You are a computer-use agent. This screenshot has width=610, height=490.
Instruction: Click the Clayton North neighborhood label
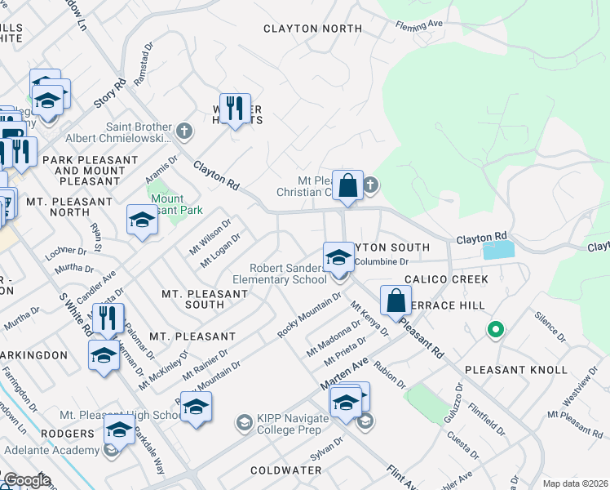[312, 29]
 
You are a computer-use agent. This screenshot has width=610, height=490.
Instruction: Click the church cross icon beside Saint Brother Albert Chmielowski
[185, 130]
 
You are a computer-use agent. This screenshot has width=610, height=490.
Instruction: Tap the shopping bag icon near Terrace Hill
[396, 300]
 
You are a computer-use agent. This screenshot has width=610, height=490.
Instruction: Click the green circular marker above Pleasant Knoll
[493, 331]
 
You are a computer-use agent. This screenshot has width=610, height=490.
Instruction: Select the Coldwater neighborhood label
[288, 470]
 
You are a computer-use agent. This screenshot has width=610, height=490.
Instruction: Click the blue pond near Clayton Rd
[498, 251]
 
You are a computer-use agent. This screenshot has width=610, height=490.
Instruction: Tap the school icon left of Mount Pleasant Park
[142, 220]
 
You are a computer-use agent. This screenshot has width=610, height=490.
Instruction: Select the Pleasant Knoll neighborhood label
[515, 370]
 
